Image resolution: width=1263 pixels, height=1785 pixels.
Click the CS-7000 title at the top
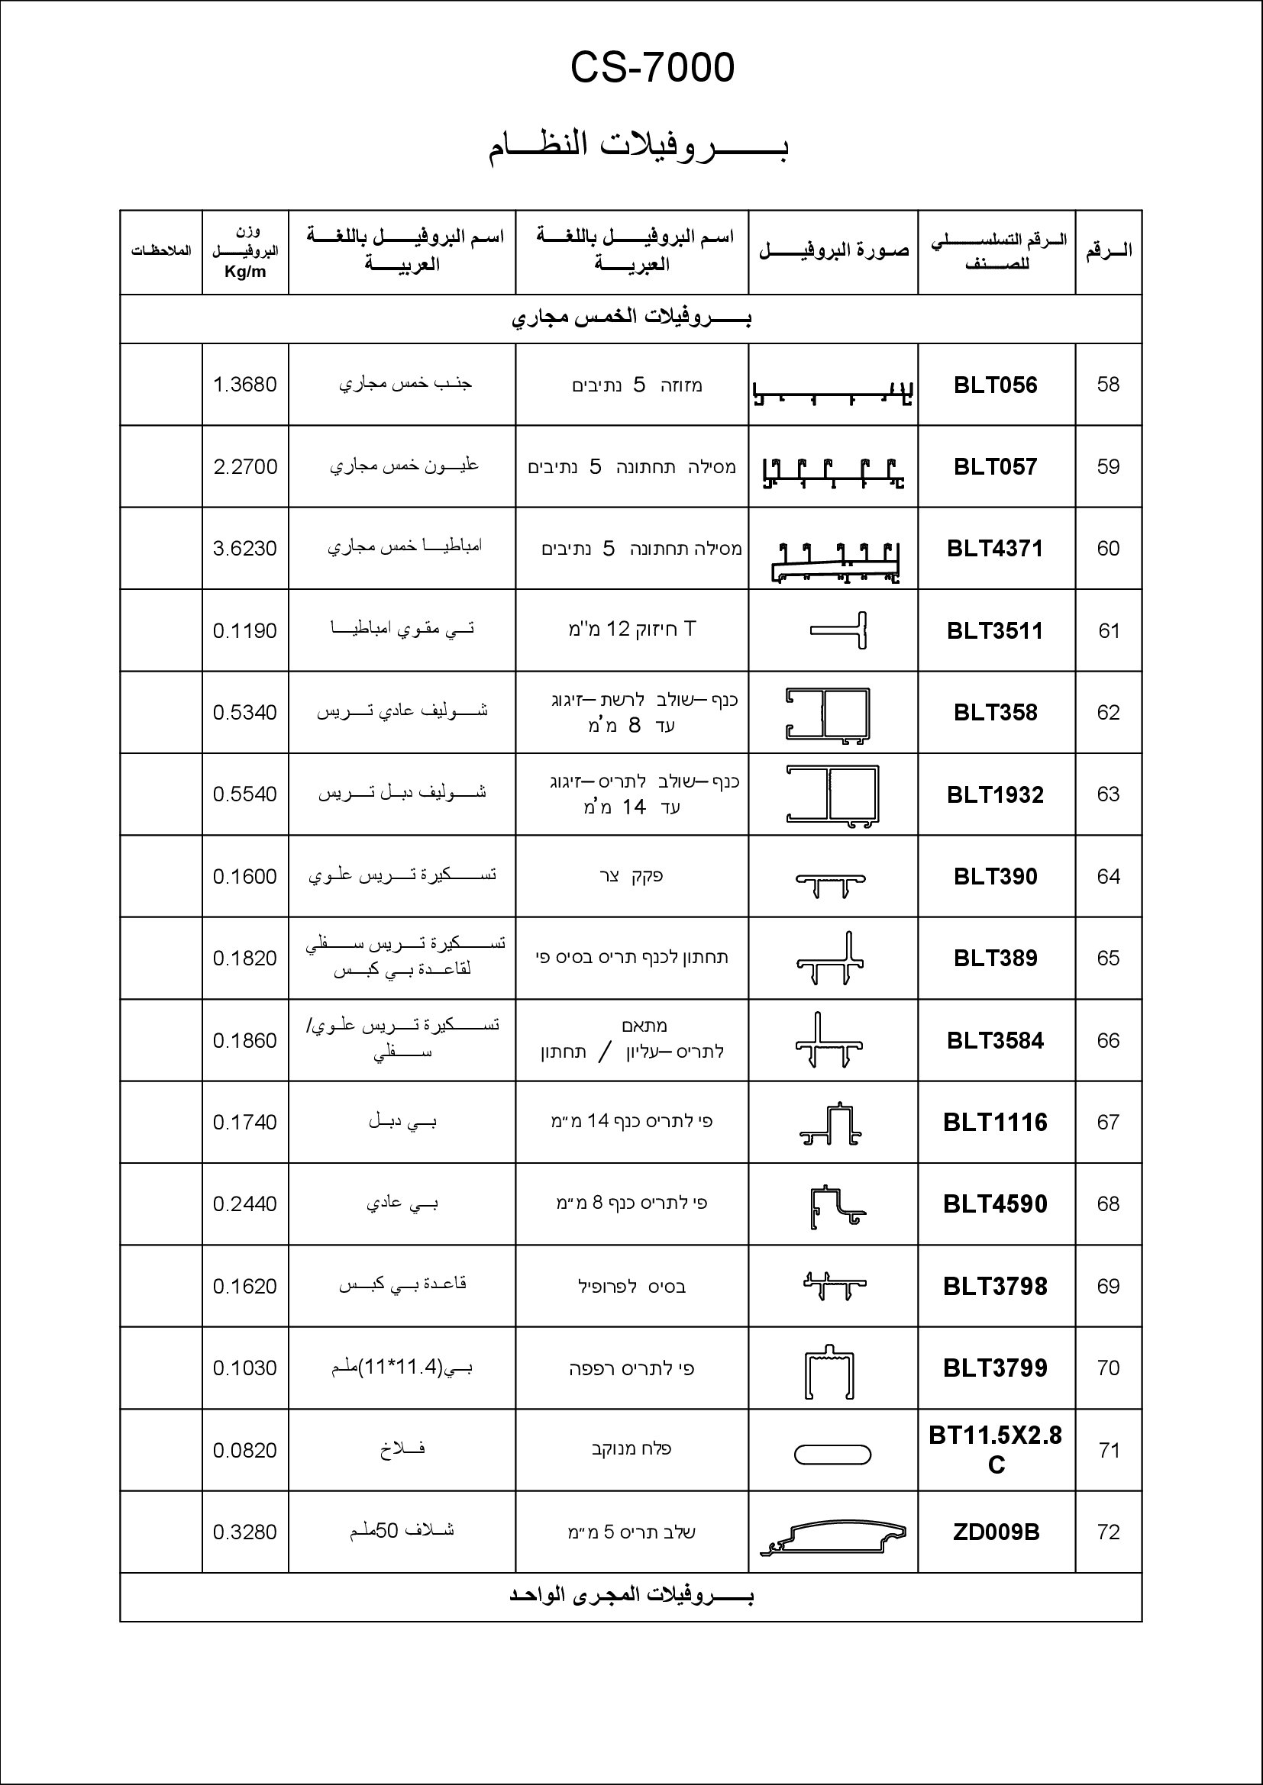[x=651, y=68]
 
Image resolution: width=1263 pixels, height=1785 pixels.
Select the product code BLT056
[x=996, y=385]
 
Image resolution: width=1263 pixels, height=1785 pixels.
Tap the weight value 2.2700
[x=245, y=466]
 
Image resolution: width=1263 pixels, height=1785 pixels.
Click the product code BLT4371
[x=996, y=548]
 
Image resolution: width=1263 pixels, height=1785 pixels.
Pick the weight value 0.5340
[x=245, y=712]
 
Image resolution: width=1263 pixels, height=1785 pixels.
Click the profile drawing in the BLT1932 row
[x=832, y=794]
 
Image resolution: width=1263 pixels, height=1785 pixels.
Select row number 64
[x=1108, y=876]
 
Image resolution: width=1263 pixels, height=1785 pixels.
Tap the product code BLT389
[x=996, y=958]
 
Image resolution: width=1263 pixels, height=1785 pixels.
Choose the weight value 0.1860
[x=245, y=1040]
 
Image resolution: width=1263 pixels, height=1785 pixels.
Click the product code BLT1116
[x=996, y=1122]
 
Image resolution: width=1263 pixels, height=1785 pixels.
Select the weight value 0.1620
[x=245, y=1286]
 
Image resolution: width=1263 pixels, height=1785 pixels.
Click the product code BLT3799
[x=996, y=1368]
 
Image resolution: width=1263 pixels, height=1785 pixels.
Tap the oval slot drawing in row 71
[x=832, y=1454]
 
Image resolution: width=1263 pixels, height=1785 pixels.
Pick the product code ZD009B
[x=996, y=1532]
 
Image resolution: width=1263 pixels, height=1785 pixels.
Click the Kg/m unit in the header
[x=245, y=272]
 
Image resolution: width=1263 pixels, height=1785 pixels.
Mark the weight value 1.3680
[x=245, y=385]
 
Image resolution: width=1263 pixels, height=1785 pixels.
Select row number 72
[x=1108, y=1532]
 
